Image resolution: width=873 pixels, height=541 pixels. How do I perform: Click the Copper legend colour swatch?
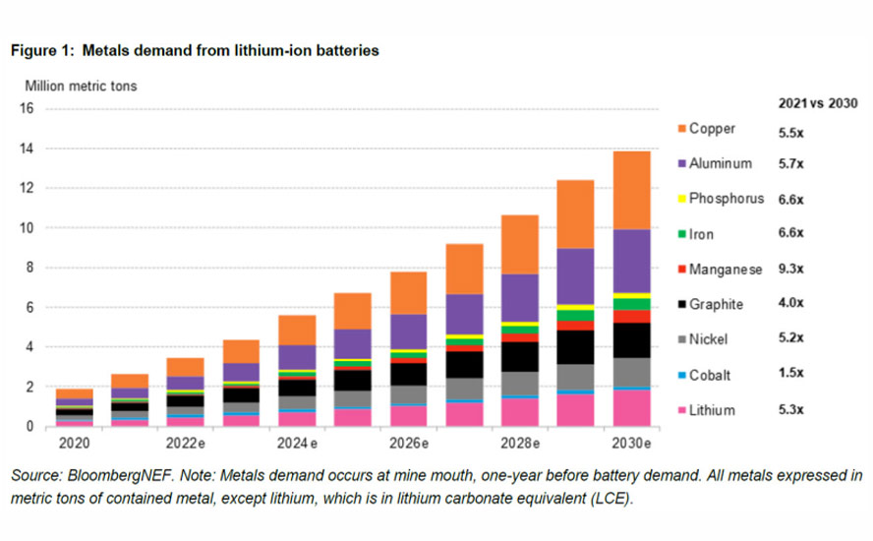(679, 129)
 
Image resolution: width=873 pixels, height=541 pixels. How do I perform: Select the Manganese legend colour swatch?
(679, 269)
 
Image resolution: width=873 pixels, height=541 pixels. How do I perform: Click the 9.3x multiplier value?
(791, 269)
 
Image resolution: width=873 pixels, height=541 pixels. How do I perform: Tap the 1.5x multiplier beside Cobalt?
(791, 374)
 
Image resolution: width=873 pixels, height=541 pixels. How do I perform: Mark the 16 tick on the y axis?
(27, 109)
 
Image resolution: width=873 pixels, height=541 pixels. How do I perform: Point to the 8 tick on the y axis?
(29, 268)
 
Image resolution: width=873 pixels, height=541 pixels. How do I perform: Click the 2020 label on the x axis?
(74, 443)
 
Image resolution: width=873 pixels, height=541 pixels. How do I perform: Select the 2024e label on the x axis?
(298, 443)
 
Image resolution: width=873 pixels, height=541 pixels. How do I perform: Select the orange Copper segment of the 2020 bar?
(74, 392)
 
